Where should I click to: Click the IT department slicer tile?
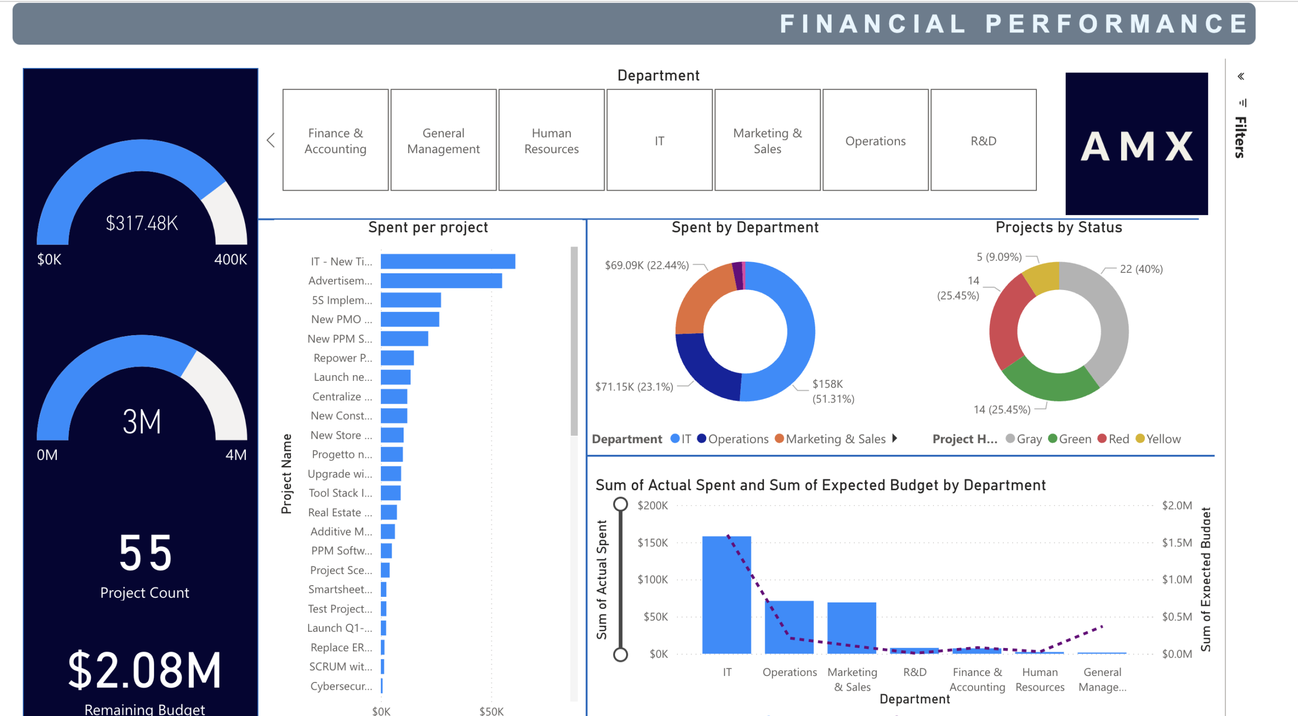[659, 140]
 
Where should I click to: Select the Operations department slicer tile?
[875, 140]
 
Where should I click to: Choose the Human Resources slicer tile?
[551, 140]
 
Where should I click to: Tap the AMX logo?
[1136, 144]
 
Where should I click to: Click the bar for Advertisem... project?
[441, 281]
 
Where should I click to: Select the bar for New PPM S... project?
[404, 339]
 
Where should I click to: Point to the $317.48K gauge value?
[142, 223]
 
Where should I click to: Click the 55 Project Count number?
[145, 553]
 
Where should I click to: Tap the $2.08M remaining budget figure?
[145, 670]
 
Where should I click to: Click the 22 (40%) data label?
[1141, 269]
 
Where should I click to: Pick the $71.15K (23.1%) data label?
[634, 387]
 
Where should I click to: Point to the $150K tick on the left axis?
[653, 543]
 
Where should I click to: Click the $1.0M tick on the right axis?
[1177, 580]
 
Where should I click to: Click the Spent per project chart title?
[428, 228]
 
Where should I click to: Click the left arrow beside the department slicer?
[271, 140]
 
